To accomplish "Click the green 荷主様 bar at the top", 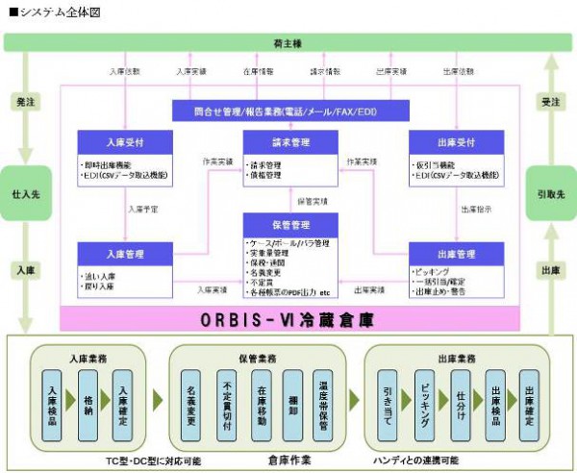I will click(x=288, y=42).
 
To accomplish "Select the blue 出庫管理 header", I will click(x=455, y=254).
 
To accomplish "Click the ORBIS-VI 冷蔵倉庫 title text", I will click(x=288, y=317).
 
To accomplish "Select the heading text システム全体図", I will click(x=58, y=12).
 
